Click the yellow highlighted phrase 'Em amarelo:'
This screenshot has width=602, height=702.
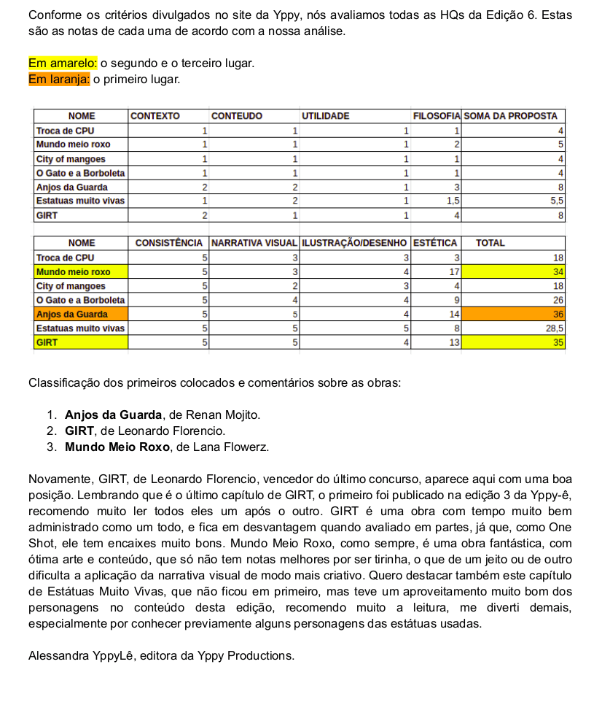[x=58, y=64]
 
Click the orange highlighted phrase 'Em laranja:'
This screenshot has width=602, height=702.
[x=58, y=79]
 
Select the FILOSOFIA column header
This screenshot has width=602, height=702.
[x=436, y=116]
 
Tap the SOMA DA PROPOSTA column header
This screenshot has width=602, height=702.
[x=510, y=116]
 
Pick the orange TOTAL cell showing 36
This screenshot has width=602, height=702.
[x=515, y=314]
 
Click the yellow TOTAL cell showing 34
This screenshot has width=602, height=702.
[x=515, y=271]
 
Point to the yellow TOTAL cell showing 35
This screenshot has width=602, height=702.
[x=515, y=342]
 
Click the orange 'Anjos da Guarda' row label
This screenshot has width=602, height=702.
[x=80, y=314]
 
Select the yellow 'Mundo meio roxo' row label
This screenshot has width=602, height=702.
[x=80, y=271]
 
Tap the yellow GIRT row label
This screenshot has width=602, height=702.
[x=80, y=342]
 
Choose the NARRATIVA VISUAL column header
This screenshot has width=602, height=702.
[x=254, y=243]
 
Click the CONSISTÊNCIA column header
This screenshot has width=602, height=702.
[x=169, y=243]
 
